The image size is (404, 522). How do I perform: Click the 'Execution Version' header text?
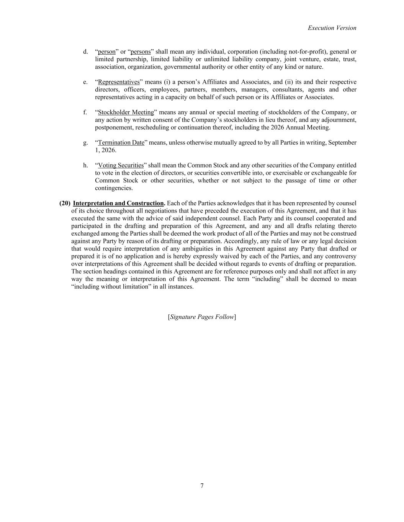coord(332,28)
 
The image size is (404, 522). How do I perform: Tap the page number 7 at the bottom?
coord(202,486)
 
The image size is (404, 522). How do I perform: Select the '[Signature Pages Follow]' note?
coord(202,317)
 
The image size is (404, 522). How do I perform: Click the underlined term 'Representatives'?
coord(119,82)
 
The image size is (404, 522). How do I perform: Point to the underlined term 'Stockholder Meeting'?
coord(126,112)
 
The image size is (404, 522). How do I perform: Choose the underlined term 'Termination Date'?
coord(121,143)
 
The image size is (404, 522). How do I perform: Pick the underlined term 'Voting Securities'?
coord(121,165)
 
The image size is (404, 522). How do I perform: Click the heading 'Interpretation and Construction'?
coord(118,203)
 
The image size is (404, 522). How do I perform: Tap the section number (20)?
coord(65,203)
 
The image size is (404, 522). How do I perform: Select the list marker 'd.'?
coord(85,52)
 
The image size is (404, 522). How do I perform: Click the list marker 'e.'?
coord(85,82)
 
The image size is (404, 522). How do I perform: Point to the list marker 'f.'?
coord(85,112)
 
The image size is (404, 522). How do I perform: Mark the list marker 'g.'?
coord(85,143)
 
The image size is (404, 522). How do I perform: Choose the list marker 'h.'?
coord(85,165)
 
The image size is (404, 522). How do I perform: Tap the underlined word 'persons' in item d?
coord(141,52)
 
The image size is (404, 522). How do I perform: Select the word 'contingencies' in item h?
coord(114,188)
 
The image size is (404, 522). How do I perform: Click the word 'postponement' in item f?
coord(113,127)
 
